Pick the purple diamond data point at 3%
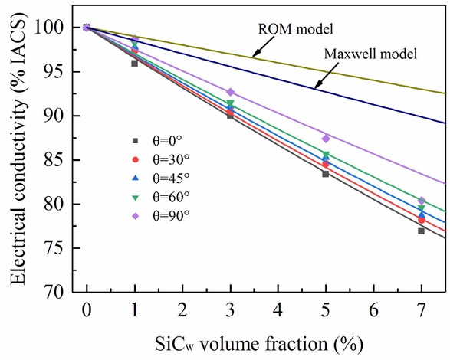coord(230,92)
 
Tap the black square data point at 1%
coord(134,63)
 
